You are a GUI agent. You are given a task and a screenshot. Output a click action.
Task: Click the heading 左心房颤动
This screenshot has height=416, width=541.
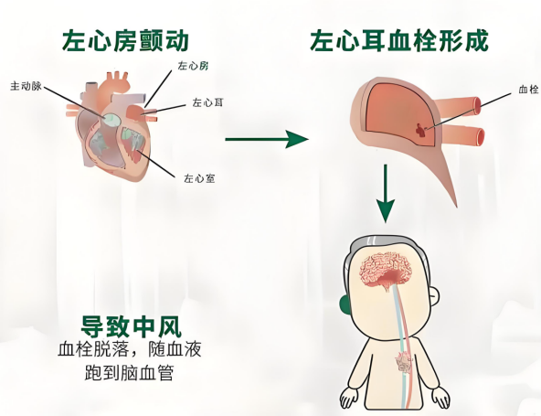(x=125, y=41)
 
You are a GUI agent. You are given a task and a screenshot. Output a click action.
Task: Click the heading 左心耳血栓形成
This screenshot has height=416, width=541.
(x=399, y=41)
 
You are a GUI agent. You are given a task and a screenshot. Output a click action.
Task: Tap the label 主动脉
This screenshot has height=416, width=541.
(x=26, y=86)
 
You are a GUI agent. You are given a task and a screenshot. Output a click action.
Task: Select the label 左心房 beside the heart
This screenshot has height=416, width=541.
(x=193, y=66)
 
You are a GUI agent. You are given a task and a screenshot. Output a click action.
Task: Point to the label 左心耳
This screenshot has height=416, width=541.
(x=207, y=102)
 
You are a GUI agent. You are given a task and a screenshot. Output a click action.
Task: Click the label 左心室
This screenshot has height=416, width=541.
(x=200, y=178)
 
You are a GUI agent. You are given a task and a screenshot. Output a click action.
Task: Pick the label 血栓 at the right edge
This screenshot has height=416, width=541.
(x=528, y=90)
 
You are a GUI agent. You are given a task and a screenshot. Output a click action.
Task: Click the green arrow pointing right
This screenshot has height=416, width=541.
(x=267, y=139)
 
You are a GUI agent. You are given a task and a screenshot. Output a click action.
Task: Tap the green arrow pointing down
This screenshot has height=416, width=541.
(x=386, y=193)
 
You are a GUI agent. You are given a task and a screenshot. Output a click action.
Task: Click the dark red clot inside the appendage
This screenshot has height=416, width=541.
(x=421, y=130)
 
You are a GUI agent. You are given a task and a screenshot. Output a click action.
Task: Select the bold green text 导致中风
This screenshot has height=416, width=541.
(x=131, y=326)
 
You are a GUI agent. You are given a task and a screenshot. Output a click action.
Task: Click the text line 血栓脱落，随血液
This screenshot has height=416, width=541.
(x=130, y=349)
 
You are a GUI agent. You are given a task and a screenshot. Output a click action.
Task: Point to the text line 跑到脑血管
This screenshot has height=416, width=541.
(x=129, y=372)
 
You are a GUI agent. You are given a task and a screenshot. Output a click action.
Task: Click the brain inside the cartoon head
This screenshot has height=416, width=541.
(x=387, y=270)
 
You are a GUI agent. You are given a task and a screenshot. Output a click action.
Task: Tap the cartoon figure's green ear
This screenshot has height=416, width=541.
(x=345, y=305)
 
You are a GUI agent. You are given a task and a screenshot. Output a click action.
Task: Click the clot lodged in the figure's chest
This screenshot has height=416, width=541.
(x=403, y=361)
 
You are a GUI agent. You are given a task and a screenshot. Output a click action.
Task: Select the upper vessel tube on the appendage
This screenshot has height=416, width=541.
(x=457, y=106)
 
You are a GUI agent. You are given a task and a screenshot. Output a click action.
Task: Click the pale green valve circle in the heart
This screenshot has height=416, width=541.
(x=111, y=120)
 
